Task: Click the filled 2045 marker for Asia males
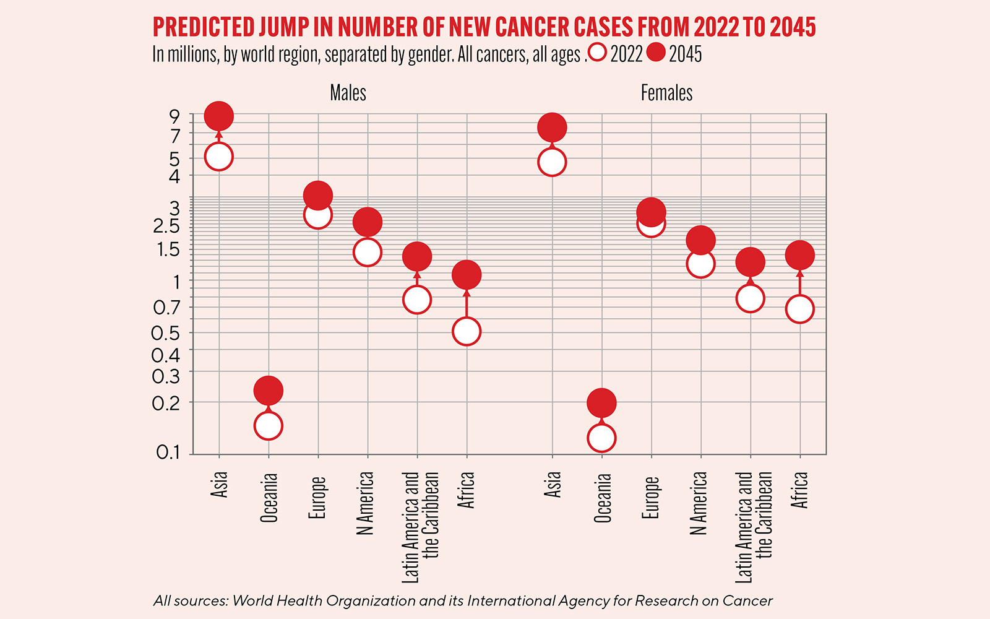pyautogui.click(x=218, y=116)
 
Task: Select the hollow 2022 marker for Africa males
pyautogui.click(x=467, y=331)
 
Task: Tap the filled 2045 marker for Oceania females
pyautogui.click(x=601, y=403)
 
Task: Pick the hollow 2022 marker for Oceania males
pyautogui.click(x=268, y=426)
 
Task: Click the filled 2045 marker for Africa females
pyautogui.click(x=799, y=254)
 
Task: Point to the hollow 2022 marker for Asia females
pyautogui.click(x=552, y=163)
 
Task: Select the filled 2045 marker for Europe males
pyautogui.click(x=317, y=196)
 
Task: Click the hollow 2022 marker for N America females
pyautogui.click(x=700, y=264)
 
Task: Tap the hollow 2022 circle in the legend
pyautogui.click(x=598, y=53)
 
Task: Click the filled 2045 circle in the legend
pyautogui.click(x=656, y=53)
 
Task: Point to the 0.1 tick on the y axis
pyautogui.click(x=168, y=452)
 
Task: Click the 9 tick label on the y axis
pyautogui.click(x=174, y=116)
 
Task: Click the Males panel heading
pyautogui.click(x=348, y=93)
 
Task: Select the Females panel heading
pyautogui.click(x=666, y=93)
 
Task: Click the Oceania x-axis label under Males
pyautogui.click(x=269, y=497)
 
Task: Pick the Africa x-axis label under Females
pyautogui.click(x=799, y=490)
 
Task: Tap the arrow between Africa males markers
pyautogui.click(x=467, y=303)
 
